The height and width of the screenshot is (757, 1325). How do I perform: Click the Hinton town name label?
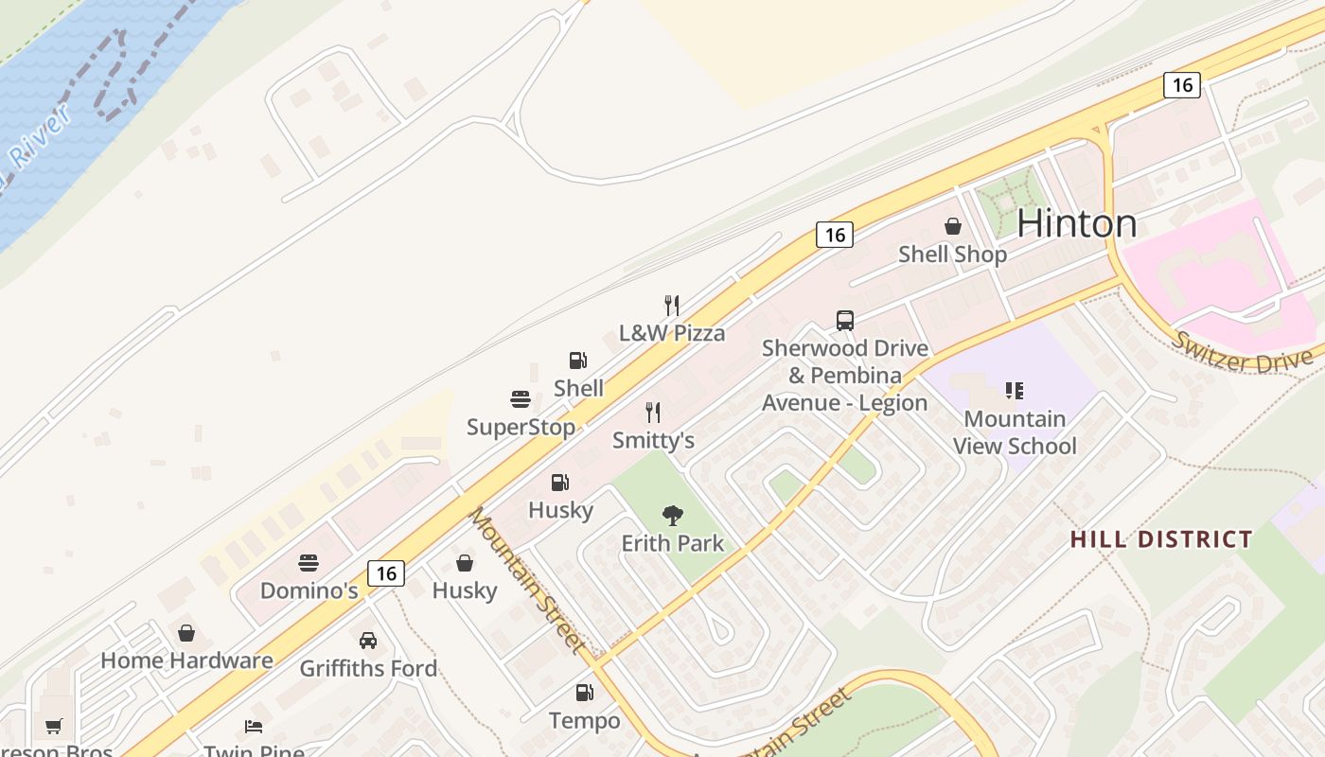1076,223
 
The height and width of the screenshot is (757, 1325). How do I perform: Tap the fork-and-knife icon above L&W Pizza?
672,305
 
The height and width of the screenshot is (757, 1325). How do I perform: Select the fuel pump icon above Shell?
577,361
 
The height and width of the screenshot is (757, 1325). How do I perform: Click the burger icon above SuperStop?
521,399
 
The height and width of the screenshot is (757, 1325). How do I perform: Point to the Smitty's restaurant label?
653,440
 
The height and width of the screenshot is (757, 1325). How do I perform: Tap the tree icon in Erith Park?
673,516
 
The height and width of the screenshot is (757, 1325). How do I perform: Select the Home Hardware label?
186,660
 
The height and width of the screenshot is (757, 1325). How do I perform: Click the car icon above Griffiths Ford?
368,641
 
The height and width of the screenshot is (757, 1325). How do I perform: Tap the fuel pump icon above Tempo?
584,693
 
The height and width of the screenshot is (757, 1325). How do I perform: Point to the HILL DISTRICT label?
1161,540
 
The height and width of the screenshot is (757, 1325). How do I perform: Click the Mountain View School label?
1015,432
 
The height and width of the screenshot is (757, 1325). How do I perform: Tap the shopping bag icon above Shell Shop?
952,226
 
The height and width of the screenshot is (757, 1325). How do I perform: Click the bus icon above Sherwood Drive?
845,321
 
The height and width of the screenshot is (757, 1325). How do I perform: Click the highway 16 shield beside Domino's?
385,572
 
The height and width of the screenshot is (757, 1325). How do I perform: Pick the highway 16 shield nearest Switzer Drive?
1182,85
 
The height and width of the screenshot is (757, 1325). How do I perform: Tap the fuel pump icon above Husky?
560,483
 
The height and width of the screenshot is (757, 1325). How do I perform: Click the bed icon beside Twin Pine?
254,727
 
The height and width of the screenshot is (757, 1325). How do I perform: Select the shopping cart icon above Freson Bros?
54,727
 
